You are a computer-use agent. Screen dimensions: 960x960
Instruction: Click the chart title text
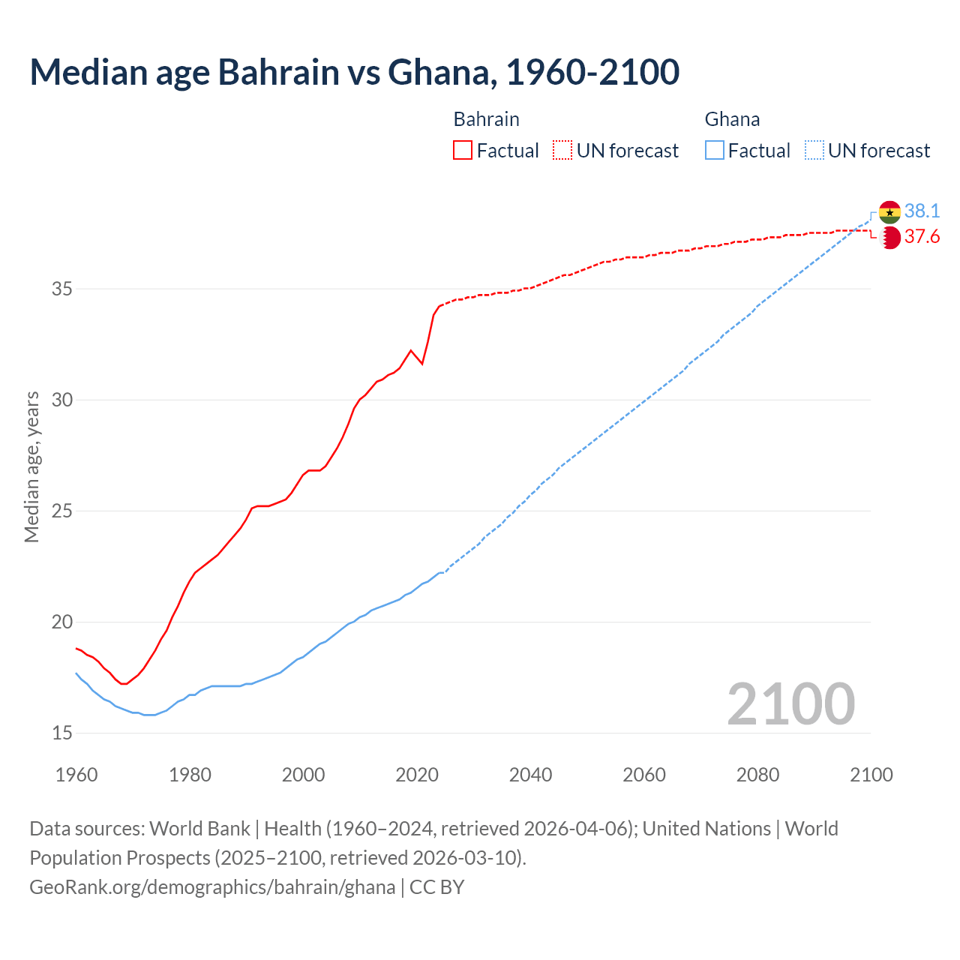[354, 72]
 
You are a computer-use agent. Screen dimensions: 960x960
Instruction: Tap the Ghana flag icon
[889, 212]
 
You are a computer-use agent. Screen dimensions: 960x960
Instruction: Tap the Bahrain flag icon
[889, 238]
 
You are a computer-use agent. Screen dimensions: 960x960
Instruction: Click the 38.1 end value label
[922, 211]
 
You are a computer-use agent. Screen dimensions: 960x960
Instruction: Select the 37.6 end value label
[922, 237]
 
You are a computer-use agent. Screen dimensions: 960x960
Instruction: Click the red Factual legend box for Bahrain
[463, 151]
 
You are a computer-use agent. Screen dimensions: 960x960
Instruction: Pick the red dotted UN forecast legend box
[562, 151]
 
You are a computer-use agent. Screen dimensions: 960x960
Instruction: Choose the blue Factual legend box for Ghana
[715, 151]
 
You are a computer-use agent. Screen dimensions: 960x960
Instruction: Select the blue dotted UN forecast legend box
[814, 151]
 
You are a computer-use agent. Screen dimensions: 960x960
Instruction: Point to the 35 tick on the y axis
[62, 289]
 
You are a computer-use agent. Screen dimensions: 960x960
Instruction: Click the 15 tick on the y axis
[62, 733]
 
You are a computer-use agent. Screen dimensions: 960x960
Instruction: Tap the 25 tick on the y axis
[62, 511]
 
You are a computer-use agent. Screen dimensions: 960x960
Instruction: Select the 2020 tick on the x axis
[417, 775]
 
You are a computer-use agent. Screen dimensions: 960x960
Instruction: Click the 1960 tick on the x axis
[76, 775]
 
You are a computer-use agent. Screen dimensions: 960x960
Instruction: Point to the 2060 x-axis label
[644, 775]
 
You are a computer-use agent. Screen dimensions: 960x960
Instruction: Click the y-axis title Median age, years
[31, 466]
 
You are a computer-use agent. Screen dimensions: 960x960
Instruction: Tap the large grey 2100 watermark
[790, 704]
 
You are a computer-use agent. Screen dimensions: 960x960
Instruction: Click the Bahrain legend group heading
[486, 119]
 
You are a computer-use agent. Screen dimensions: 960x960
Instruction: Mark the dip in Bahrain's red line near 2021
[422, 364]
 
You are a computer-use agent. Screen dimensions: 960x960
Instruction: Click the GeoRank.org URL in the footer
[212, 887]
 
